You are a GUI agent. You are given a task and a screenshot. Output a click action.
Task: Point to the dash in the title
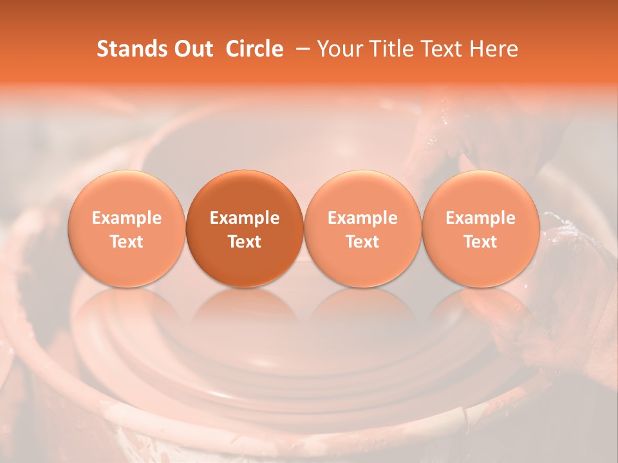pyautogui.click(x=301, y=49)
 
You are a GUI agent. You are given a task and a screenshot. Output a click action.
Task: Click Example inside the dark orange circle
pyautogui.click(x=245, y=218)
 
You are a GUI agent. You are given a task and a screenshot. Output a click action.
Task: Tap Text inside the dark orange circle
pyautogui.click(x=245, y=242)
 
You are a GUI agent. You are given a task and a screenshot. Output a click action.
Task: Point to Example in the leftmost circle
pyautogui.click(x=127, y=218)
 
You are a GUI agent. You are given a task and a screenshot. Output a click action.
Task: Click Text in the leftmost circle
pyautogui.click(x=127, y=242)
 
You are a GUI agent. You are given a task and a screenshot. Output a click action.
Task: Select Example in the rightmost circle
pyautogui.click(x=481, y=218)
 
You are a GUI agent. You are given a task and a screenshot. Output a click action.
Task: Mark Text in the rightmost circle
pyautogui.click(x=481, y=242)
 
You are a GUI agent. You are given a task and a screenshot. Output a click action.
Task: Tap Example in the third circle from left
pyautogui.click(x=362, y=218)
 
